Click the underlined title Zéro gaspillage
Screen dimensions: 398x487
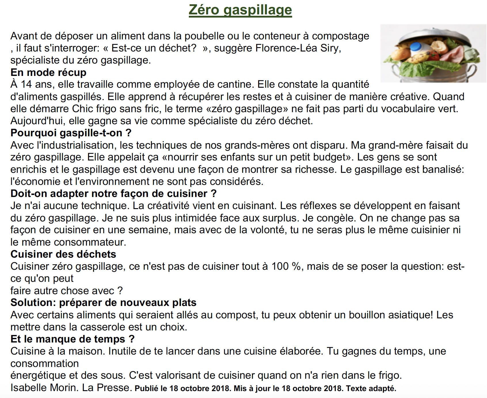tap(240, 10)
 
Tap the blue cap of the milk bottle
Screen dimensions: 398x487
tap(416, 47)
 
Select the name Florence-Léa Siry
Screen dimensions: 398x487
tap(298, 48)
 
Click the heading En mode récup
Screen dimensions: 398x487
tap(48, 72)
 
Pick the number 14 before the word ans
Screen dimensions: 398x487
tap(26, 84)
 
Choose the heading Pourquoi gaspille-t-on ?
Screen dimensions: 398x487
tap(71, 133)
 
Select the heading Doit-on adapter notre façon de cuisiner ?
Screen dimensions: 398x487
tap(113, 194)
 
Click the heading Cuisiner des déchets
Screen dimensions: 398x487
tap(63, 254)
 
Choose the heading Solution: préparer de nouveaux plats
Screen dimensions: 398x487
tap(103, 303)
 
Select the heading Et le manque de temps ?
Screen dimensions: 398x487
tap(73, 339)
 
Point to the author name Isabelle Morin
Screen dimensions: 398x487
tap(44, 388)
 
